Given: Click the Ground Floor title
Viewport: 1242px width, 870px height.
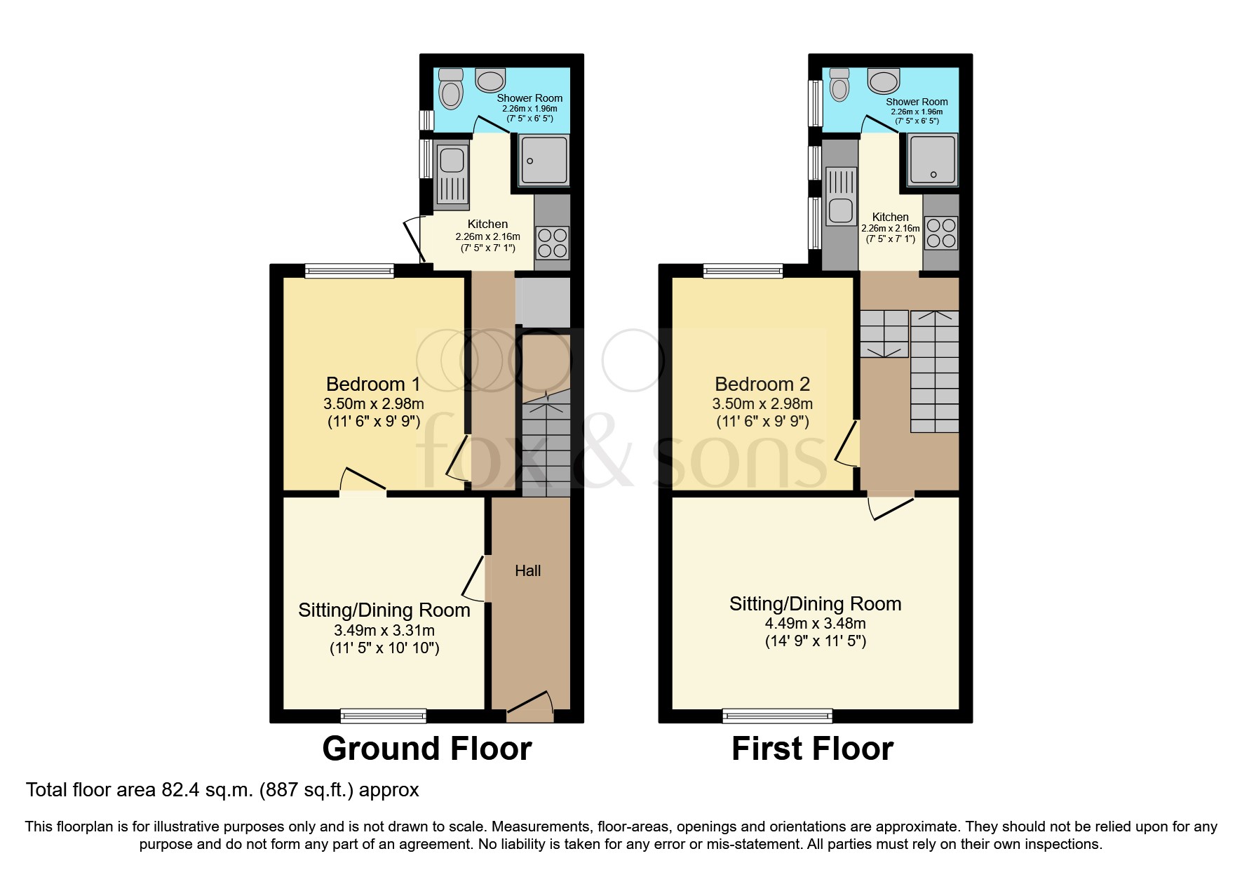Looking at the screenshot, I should click(426, 749).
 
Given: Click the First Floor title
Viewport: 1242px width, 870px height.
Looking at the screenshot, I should click(812, 749).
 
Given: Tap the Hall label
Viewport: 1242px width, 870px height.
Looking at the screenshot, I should click(527, 571).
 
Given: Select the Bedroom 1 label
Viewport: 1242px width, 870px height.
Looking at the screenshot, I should click(373, 384).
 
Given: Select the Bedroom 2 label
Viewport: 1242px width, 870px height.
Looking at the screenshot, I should click(762, 384).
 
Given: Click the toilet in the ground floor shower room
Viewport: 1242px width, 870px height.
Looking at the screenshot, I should click(450, 89).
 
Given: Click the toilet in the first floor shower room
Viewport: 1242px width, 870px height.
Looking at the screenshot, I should click(839, 85).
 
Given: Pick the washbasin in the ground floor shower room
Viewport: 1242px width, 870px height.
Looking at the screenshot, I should click(490, 79).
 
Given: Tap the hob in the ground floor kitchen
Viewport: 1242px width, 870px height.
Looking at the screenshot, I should click(552, 243).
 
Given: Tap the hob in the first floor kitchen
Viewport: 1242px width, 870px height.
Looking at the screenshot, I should click(940, 233).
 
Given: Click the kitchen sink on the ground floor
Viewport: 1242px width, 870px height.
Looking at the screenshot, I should click(452, 172).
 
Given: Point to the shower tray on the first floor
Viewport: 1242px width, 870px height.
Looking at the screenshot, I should click(932, 159).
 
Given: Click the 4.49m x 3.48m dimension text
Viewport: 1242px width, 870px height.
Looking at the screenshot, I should click(815, 623).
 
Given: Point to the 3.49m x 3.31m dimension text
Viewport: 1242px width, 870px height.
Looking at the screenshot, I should click(384, 630).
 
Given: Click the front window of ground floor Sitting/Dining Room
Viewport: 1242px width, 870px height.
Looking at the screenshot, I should click(383, 716).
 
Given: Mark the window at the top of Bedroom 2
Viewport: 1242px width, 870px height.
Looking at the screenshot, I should click(743, 271).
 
